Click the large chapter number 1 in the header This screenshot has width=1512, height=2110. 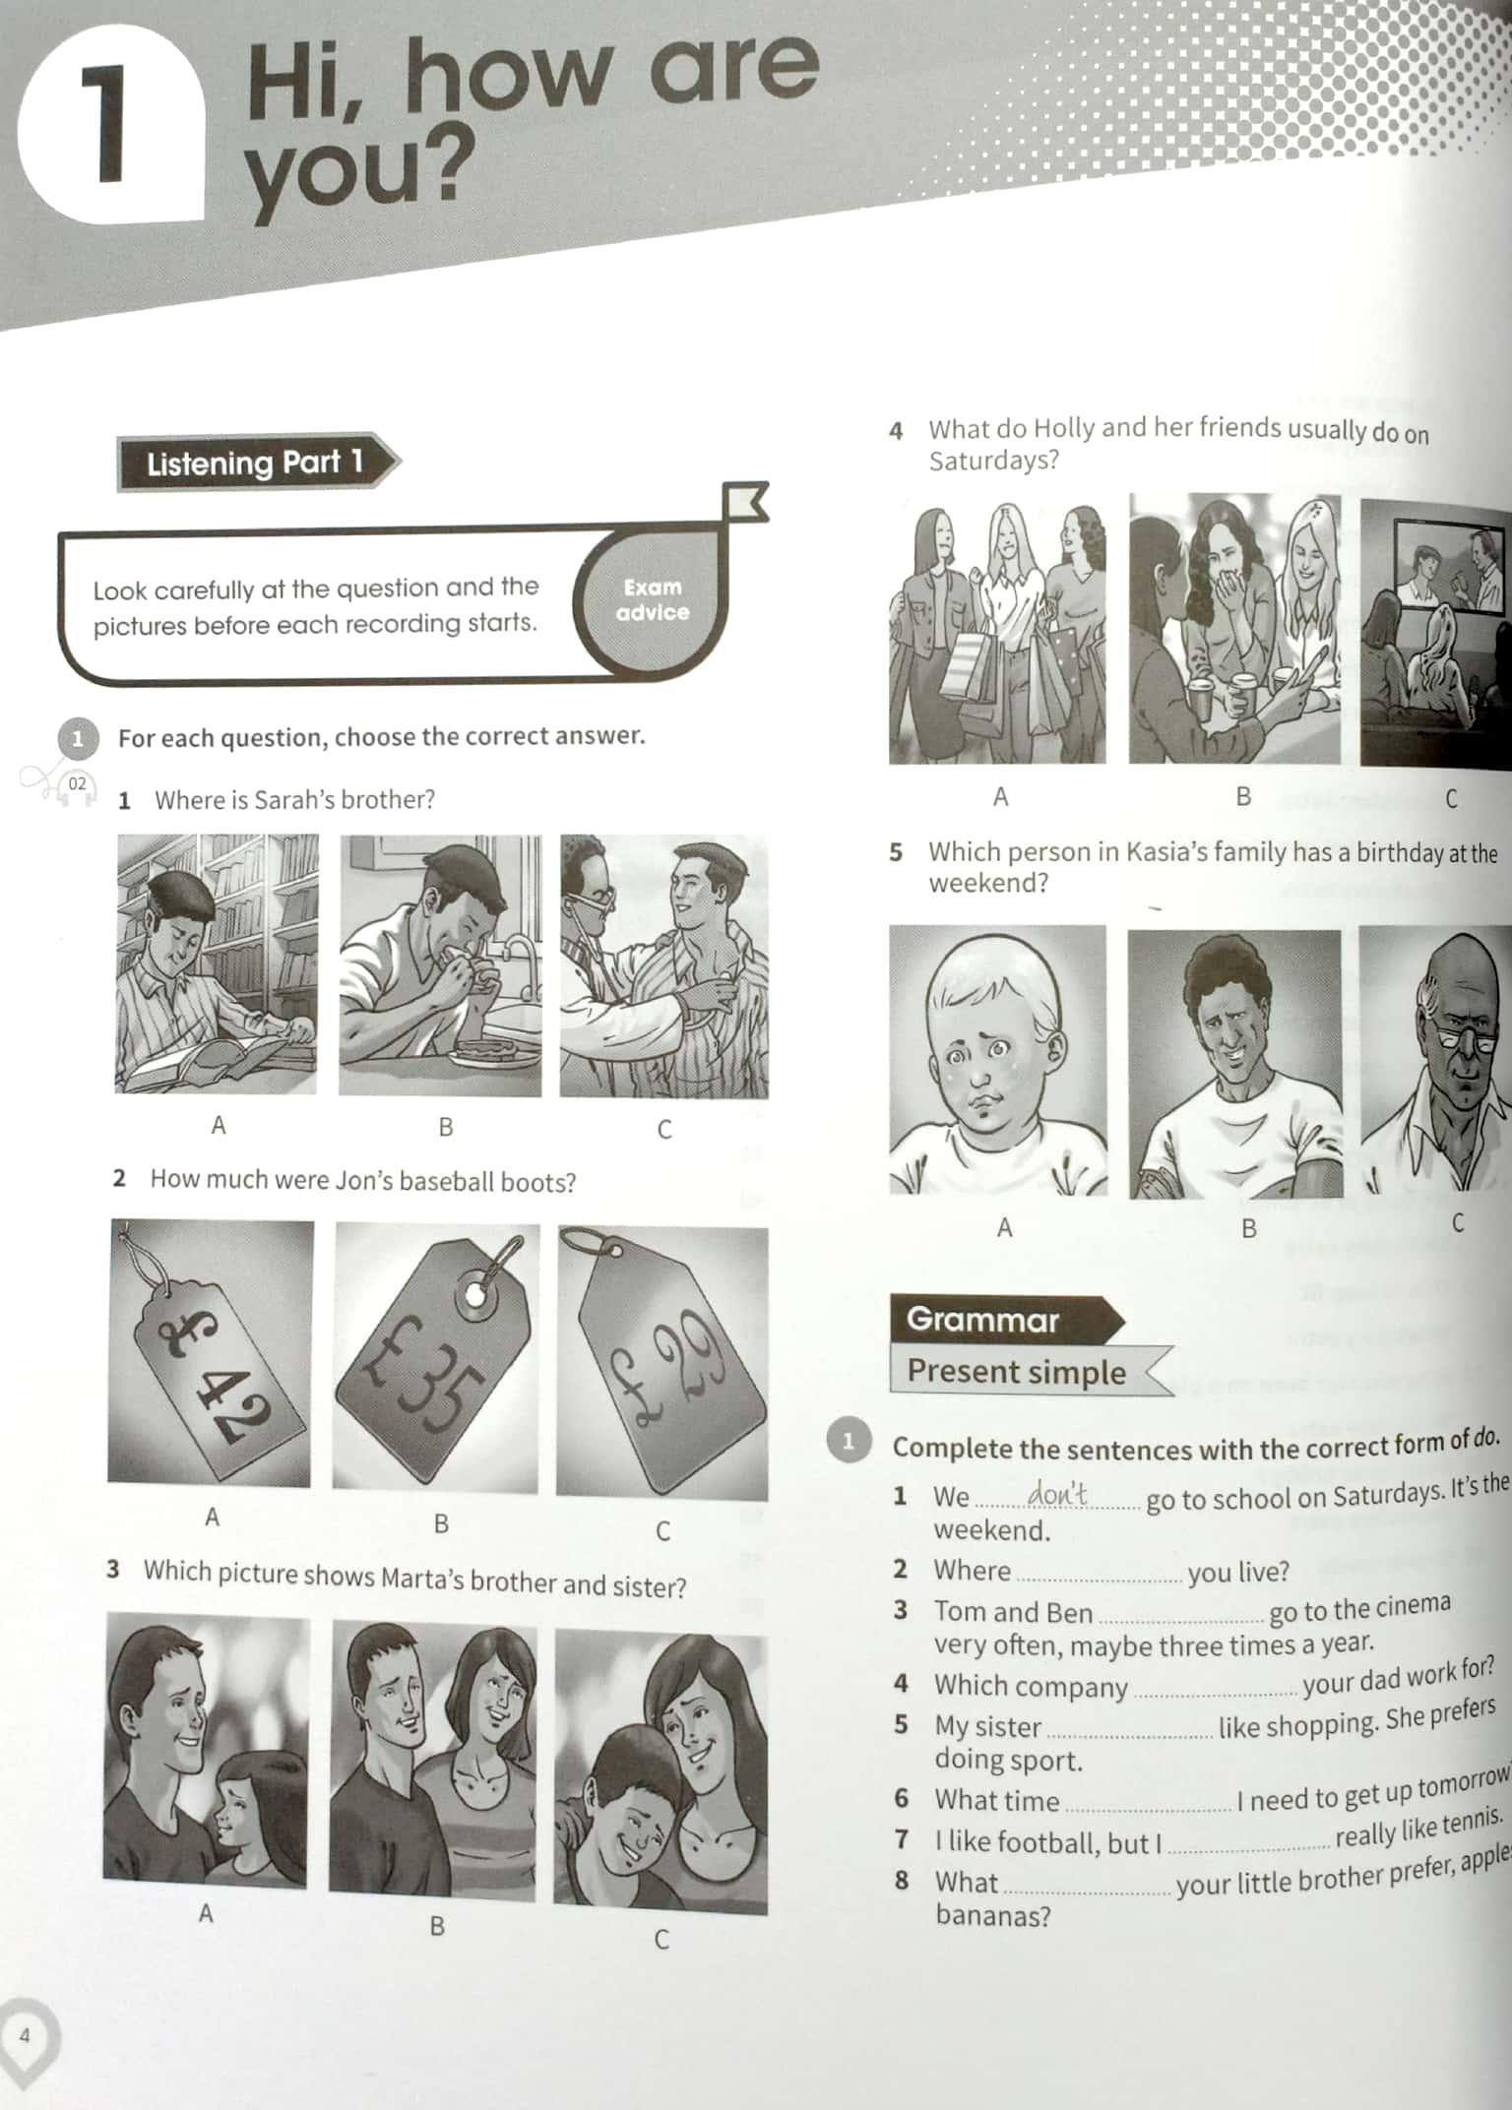pos(109,125)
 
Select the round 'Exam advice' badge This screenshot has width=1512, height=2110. pos(652,599)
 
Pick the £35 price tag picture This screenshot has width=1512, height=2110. pos(436,1357)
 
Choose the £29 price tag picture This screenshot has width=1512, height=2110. pos(662,1363)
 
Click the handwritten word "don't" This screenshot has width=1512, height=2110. pos(1058,1494)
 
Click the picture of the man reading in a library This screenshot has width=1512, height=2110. pos(217,964)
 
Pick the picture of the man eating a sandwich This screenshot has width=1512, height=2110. pos(440,965)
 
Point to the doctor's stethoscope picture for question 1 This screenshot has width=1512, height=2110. pos(664,966)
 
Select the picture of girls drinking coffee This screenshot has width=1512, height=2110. pos(1234,630)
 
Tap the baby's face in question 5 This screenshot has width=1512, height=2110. pos(997,1060)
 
